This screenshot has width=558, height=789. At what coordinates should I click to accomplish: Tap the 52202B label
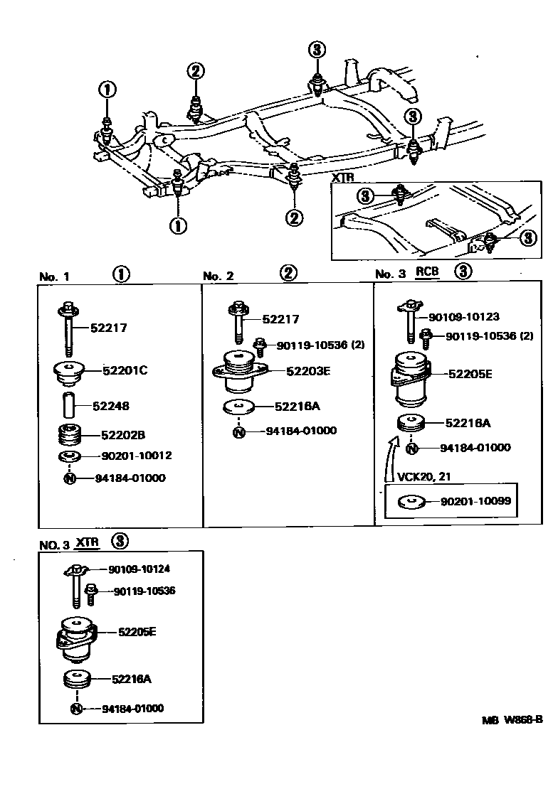[122, 434]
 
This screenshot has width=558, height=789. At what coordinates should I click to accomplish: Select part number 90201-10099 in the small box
[475, 502]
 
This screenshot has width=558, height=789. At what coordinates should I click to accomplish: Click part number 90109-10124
[139, 569]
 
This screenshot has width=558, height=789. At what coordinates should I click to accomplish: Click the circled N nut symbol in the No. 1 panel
[70, 478]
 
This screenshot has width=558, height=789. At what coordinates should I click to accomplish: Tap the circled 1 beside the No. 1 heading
[121, 274]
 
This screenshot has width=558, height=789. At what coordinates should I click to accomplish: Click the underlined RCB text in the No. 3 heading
[427, 272]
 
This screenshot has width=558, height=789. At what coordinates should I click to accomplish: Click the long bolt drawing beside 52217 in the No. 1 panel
[68, 328]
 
